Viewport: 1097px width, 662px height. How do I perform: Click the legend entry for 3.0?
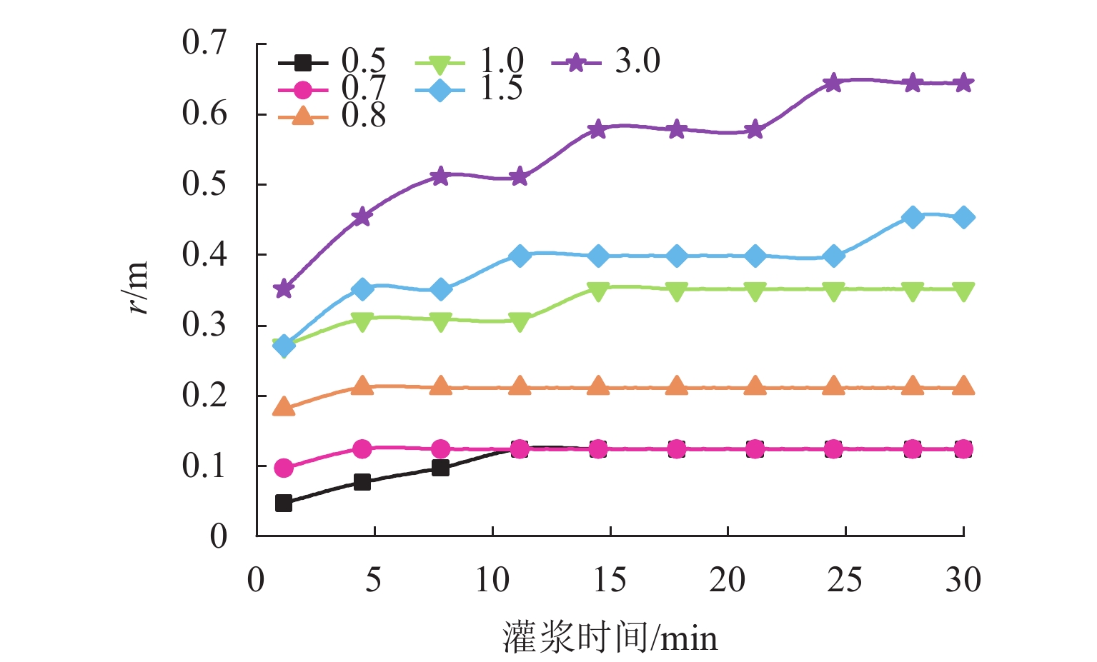(x=606, y=63)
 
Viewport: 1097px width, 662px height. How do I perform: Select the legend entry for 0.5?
(x=332, y=63)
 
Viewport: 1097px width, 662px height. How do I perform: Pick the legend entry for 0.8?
(x=332, y=116)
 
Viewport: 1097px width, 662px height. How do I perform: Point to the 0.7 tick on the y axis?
(x=204, y=44)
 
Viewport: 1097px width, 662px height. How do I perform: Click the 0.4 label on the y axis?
(x=204, y=255)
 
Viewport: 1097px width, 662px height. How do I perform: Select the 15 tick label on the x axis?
(x=610, y=580)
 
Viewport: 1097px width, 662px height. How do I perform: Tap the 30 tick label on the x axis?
(x=963, y=580)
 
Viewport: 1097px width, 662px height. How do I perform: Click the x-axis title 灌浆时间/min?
(x=610, y=637)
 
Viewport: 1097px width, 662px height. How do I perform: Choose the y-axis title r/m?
(x=136, y=288)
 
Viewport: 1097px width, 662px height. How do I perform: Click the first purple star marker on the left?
(x=284, y=289)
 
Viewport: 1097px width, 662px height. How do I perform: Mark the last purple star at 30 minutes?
(x=963, y=83)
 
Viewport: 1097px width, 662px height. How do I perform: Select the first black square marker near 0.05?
(x=284, y=503)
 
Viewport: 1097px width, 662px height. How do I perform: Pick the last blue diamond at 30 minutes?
(x=963, y=217)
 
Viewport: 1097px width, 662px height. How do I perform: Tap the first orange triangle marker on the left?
(x=284, y=408)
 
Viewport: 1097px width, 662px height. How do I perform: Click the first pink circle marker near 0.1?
(x=284, y=468)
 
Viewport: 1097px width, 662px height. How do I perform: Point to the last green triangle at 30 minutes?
(x=963, y=291)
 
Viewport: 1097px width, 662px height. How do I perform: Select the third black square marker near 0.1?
(x=440, y=468)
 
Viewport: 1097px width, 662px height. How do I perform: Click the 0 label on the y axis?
(x=218, y=536)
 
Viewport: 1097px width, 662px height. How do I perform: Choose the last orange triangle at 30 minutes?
(x=963, y=386)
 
